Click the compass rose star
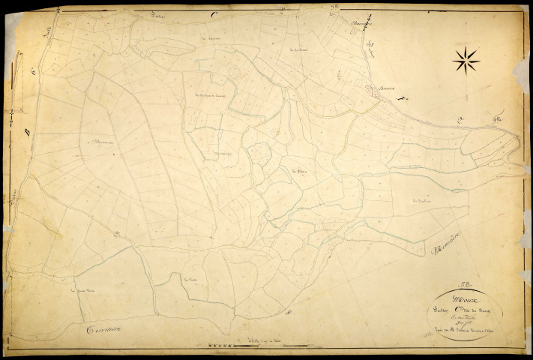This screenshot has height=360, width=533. click(466, 59)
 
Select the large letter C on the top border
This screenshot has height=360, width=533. click(214, 14)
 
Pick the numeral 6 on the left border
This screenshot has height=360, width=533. click(33, 71)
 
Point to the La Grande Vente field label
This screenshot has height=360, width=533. click(84, 290)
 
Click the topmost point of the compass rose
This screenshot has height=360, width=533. click(466, 46)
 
